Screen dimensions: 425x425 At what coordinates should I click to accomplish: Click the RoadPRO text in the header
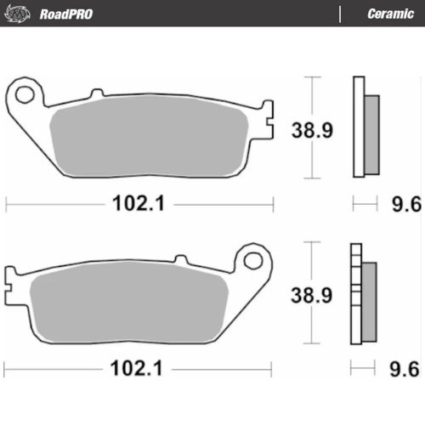(x=65, y=14)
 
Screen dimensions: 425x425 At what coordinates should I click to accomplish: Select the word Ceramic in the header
(x=390, y=14)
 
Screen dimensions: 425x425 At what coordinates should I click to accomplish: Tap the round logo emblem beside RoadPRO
(x=21, y=14)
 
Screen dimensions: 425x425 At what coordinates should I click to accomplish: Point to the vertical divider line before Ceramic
(x=340, y=14)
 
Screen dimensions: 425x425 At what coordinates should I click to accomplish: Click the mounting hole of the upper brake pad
(x=25, y=92)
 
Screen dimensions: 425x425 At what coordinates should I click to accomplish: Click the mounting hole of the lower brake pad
(x=253, y=259)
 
